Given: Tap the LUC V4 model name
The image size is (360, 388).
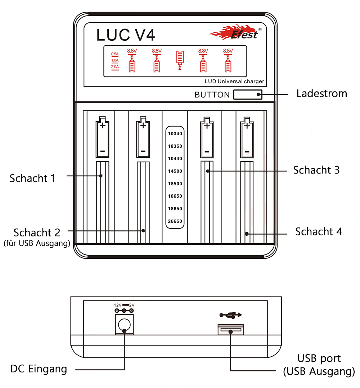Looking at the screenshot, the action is pyautogui.click(x=126, y=35).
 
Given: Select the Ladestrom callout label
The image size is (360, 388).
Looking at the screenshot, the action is pyautogui.click(x=321, y=94).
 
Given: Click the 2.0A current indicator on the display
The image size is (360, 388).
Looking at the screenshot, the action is pyautogui.click(x=115, y=67).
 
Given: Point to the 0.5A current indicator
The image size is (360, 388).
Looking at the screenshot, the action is pyautogui.click(x=115, y=54).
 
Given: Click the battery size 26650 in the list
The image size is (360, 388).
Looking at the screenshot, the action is pyautogui.click(x=175, y=221).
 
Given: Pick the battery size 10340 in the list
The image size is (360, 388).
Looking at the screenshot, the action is pyautogui.click(x=175, y=134).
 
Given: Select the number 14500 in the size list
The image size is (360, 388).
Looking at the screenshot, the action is pyautogui.click(x=175, y=171).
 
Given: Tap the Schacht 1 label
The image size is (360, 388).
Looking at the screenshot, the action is pyautogui.click(x=32, y=178).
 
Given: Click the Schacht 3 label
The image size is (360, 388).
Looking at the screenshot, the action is pyautogui.click(x=316, y=170).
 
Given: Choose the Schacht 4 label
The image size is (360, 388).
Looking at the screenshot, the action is pyautogui.click(x=319, y=232).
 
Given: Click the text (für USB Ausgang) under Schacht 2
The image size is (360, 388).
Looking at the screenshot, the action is pyautogui.click(x=37, y=243).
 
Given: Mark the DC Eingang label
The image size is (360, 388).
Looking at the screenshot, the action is pyautogui.click(x=39, y=369).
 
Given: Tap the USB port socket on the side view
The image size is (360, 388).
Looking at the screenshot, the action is pyautogui.click(x=231, y=330).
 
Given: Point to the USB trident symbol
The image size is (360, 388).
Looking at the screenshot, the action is pyautogui.click(x=231, y=315).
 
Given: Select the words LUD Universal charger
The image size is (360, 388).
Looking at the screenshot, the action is pyautogui.click(x=234, y=81).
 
